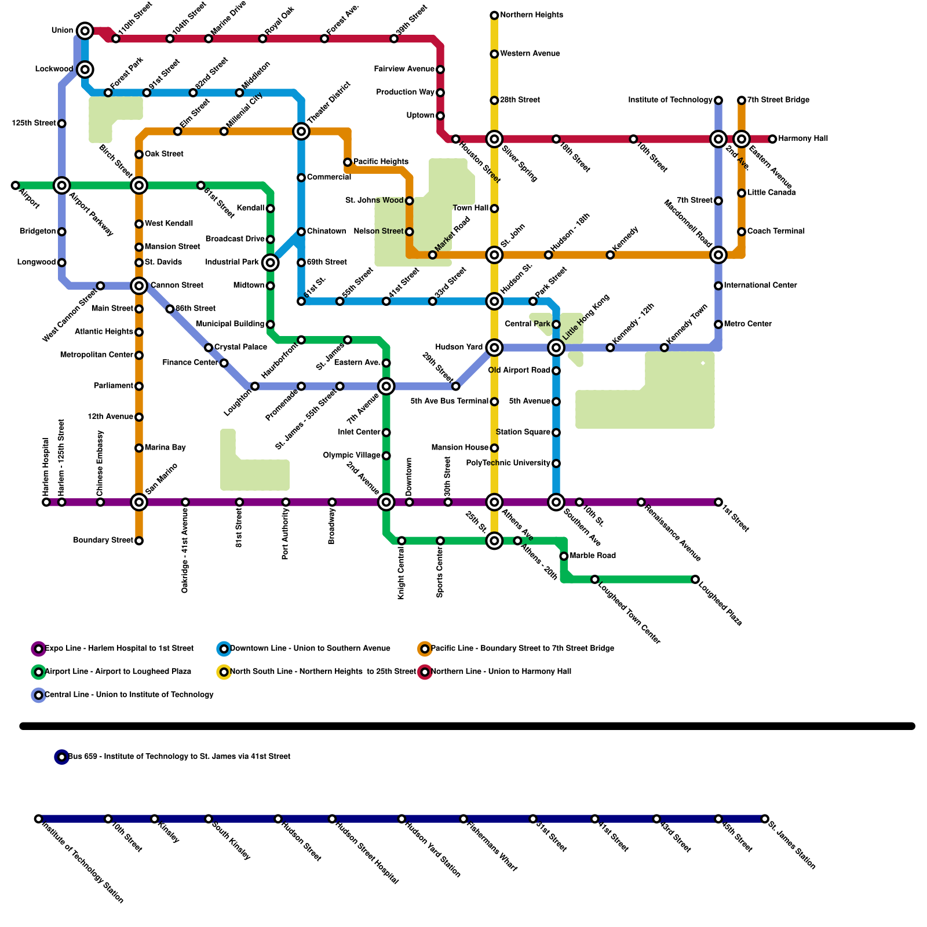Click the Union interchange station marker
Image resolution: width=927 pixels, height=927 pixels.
(85, 31)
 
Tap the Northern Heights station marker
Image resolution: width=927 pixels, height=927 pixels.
(494, 15)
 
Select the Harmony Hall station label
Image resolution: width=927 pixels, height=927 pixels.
(803, 138)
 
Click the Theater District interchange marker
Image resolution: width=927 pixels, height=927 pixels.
(301, 132)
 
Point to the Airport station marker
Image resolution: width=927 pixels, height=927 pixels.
(16, 185)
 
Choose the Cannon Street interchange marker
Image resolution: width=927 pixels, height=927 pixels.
(139, 286)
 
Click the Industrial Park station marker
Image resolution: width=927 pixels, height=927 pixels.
(271, 262)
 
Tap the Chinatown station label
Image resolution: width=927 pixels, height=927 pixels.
(326, 231)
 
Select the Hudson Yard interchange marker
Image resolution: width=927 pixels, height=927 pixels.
(494, 348)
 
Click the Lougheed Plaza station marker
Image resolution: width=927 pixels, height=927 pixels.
(695, 579)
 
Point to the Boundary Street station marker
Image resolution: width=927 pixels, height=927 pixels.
(139, 541)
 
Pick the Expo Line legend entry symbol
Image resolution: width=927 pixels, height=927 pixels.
(39, 648)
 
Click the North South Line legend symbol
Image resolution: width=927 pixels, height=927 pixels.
(224, 671)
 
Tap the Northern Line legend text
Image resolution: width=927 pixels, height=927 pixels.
(501, 671)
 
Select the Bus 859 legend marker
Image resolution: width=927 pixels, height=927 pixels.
(62, 757)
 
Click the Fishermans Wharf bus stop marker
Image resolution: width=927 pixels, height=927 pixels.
(463, 819)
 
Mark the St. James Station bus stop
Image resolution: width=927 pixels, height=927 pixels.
(765, 819)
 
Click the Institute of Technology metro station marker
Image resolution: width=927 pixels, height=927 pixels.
(718, 100)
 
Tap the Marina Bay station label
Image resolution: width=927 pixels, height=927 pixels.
(165, 447)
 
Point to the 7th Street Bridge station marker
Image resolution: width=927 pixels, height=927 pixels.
(742, 100)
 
